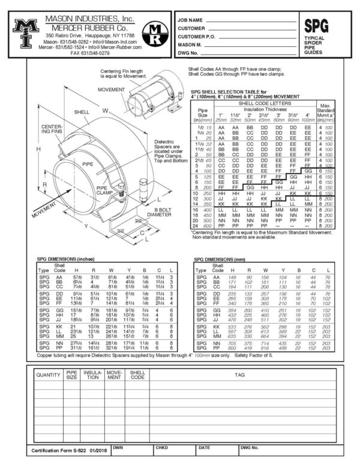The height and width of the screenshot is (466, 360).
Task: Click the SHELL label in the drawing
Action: click(x=82, y=112)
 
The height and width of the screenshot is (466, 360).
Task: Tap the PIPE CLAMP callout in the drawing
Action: click(x=106, y=191)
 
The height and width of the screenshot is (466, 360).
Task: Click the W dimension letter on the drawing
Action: click(x=106, y=110)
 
